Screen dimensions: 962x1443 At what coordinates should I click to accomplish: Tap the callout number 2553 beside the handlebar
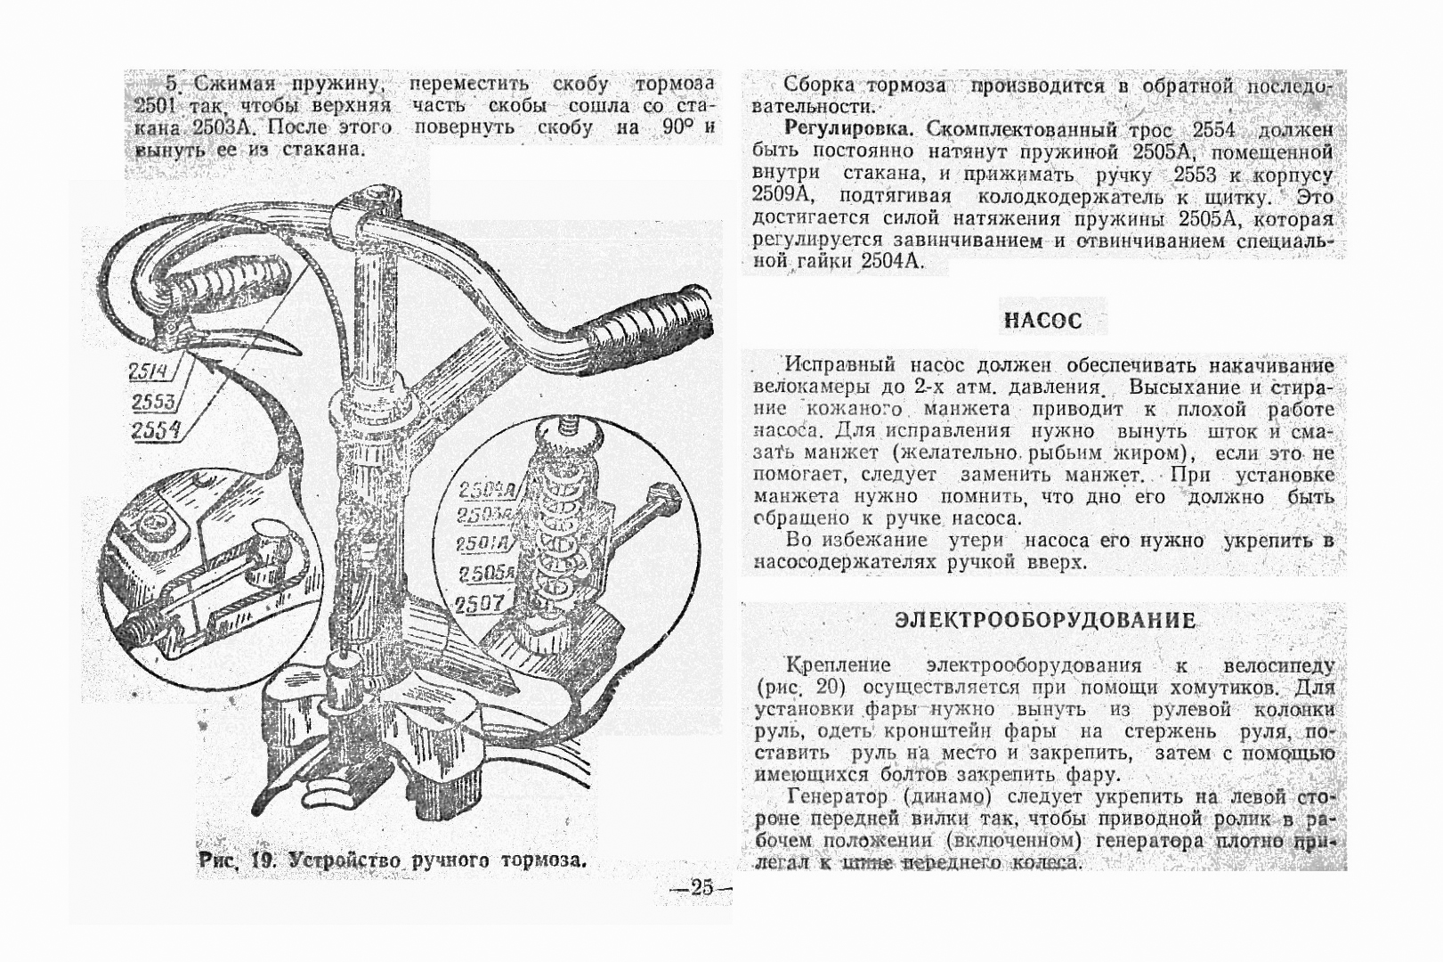coord(153,402)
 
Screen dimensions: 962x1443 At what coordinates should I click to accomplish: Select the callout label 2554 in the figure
coord(155,431)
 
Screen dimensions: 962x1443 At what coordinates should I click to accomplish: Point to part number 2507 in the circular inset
coord(480,604)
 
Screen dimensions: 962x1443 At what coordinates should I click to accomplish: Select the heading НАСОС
coord(1042,321)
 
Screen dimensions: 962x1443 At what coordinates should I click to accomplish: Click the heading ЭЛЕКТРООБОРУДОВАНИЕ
coord(1044,620)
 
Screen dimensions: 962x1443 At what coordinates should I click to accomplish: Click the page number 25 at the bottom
coord(701,887)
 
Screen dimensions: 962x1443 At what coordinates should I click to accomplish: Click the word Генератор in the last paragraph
coord(837,796)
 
